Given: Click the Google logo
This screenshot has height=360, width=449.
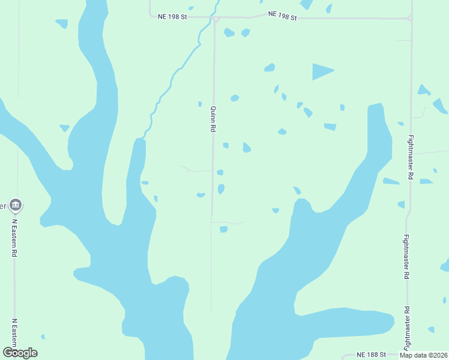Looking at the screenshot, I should [20, 353].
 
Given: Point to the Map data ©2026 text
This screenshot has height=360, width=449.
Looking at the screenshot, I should [424, 355].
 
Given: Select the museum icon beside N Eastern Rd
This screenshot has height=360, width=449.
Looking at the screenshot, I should [16, 206].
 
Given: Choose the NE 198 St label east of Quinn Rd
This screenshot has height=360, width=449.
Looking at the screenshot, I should [282, 15].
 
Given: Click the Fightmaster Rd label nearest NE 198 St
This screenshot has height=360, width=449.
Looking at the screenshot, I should [411, 157].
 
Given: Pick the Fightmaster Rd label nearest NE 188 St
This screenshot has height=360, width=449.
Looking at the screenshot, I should [407, 328].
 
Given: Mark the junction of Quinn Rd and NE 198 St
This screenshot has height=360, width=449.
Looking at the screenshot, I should [214, 19].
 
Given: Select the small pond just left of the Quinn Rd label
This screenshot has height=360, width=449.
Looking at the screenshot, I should [200, 104].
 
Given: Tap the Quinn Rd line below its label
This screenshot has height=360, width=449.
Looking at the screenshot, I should [212, 192].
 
